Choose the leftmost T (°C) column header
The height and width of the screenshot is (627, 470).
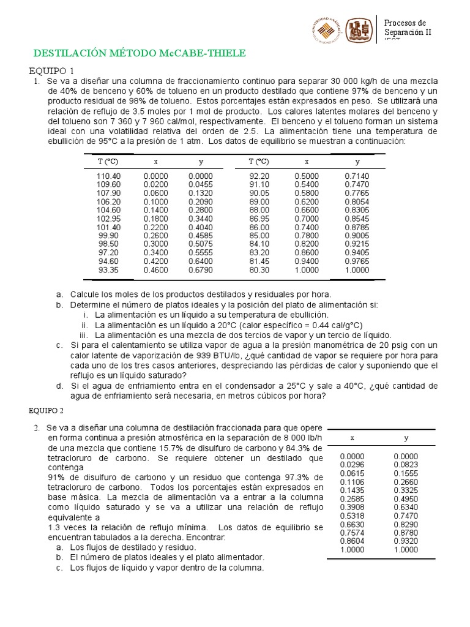[x=108, y=162]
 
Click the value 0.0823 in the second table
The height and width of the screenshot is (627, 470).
[x=406, y=465]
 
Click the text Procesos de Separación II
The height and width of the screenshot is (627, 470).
[x=408, y=28]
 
